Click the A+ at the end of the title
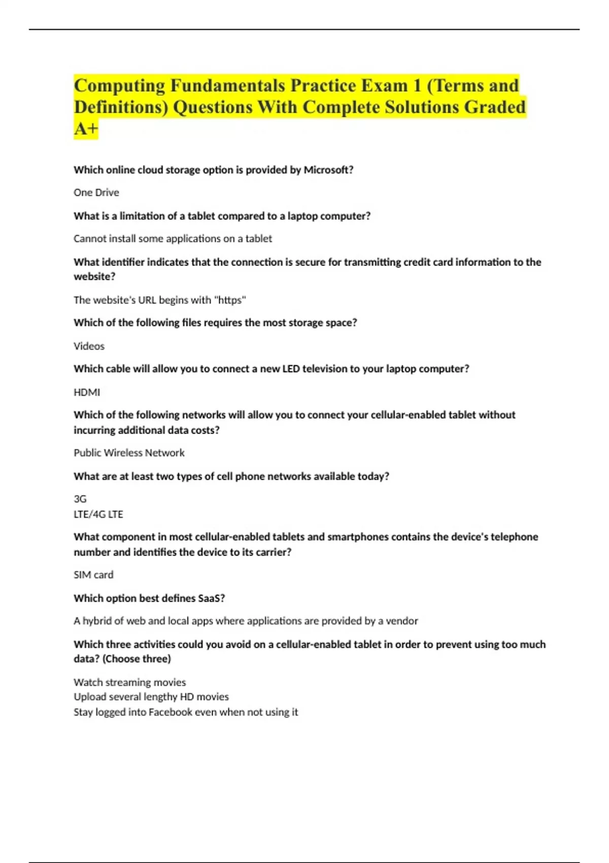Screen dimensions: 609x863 pyautogui.click(x=85, y=129)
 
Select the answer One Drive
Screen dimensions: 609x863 pyautogui.click(x=96, y=192)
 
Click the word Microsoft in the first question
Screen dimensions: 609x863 pyautogui.click(x=327, y=170)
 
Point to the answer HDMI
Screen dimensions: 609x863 pyautogui.click(x=87, y=392)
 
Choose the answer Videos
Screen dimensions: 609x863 pyautogui.click(x=89, y=346)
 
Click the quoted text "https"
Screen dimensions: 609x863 pyautogui.click(x=230, y=300)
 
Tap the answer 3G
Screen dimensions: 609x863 pyautogui.click(x=80, y=499)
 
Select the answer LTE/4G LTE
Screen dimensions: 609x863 pyautogui.click(x=98, y=514)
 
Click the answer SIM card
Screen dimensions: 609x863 pyautogui.click(x=93, y=575)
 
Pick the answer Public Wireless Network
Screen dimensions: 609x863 pyautogui.click(x=129, y=453)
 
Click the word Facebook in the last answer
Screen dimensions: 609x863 pyautogui.click(x=171, y=712)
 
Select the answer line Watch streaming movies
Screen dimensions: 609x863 pyautogui.click(x=130, y=682)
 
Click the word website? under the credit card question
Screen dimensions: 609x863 pyautogui.click(x=94, y=277)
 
